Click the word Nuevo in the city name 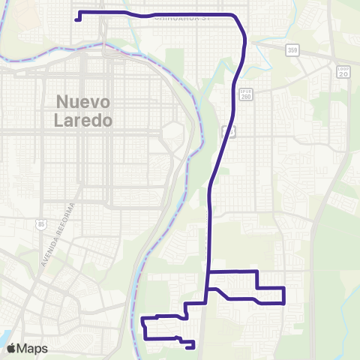point(84,102)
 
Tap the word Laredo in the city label point(84,119)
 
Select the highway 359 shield point(292,50)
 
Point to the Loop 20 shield point(343,72)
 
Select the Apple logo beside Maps point(12,348)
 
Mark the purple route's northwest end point point(77,20)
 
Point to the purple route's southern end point point(193,346)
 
